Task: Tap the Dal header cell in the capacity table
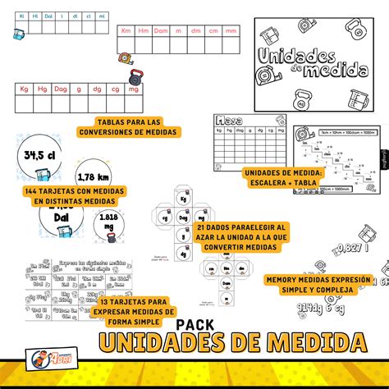coord(48,15)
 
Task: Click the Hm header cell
coord(144,30)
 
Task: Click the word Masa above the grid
coord(229,122)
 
